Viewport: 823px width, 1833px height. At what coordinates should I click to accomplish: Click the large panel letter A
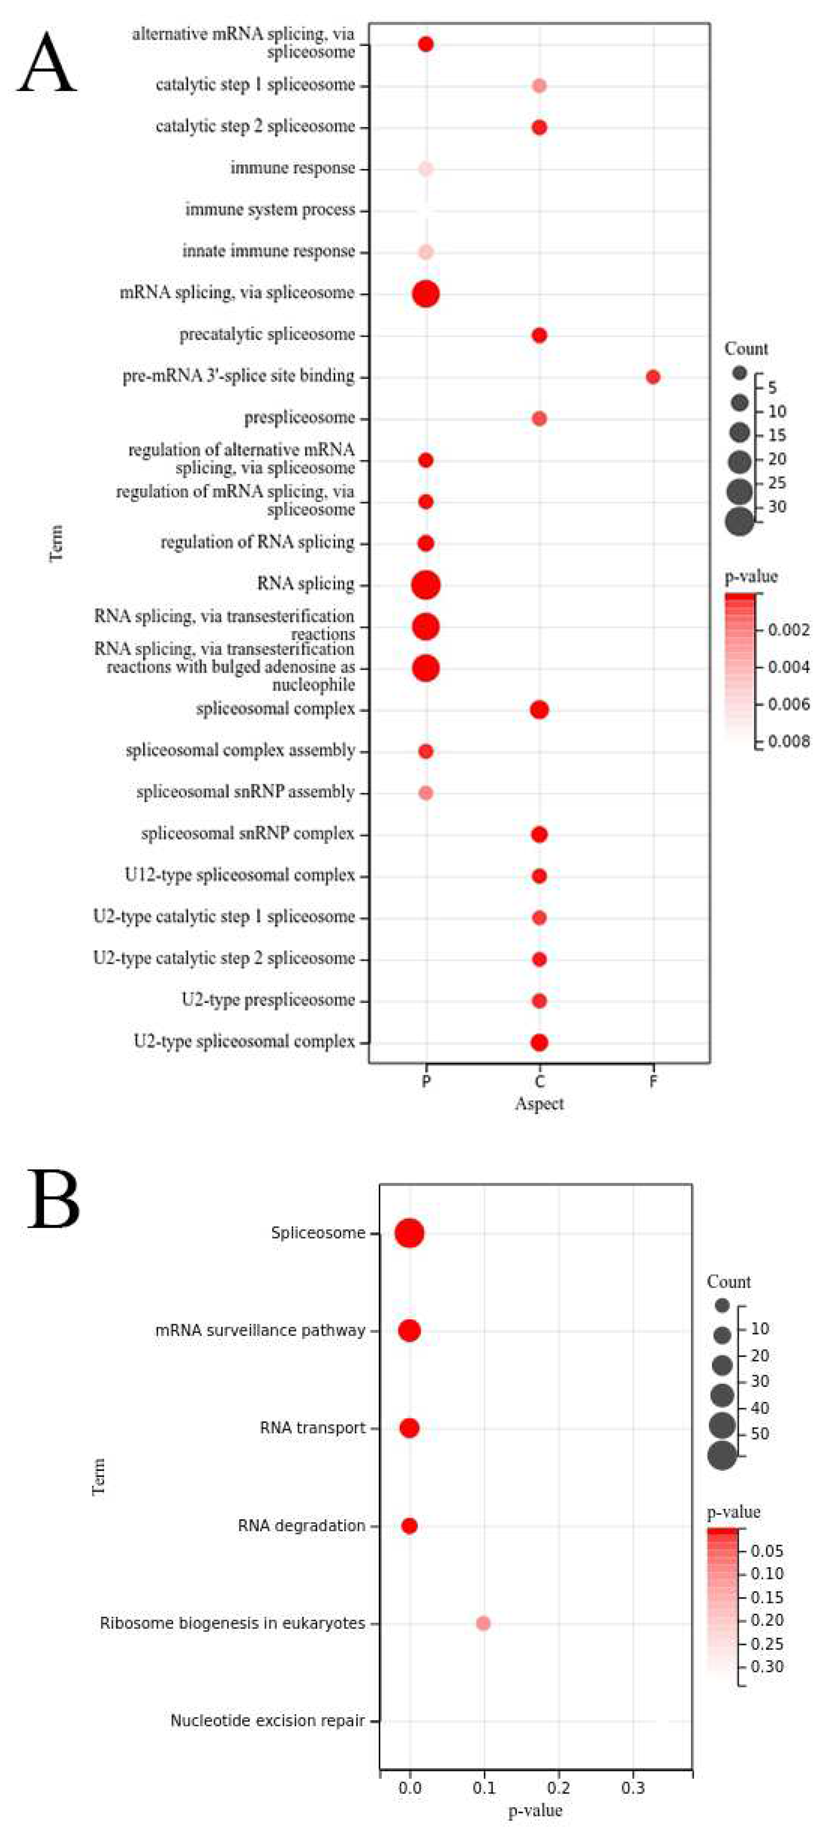tap(47, 64)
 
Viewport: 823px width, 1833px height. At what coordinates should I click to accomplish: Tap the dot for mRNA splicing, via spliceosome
tap(426, 293)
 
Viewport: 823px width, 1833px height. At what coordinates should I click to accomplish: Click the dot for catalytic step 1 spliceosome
tap(539, 86)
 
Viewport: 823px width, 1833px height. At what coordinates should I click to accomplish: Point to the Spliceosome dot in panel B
tap(409, 1232)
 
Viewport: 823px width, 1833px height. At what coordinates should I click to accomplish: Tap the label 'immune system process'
tap(270, 210)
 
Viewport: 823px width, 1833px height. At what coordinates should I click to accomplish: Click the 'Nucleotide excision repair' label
tap(268, 1721)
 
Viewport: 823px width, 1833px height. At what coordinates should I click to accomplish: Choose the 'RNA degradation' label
tap(301, 1526)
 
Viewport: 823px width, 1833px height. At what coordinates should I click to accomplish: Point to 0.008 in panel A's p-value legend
tap(789, 741)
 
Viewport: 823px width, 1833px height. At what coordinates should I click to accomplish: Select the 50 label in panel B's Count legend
tap(760, 1433)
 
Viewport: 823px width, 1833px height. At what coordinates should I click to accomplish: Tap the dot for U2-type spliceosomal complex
tap(539, 1042)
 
